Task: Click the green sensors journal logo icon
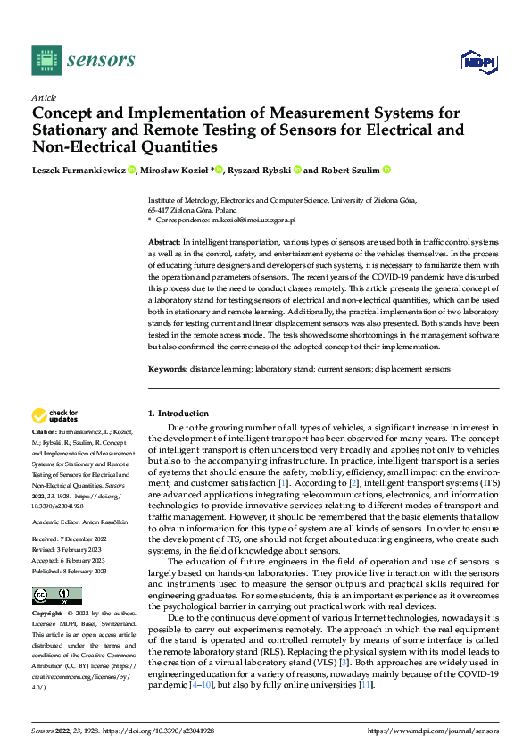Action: pos(46,60)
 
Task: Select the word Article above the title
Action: pos(44,97)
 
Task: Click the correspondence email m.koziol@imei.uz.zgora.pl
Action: pos(245,220)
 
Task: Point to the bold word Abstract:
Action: pos(164,243)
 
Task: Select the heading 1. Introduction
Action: pos(178,414)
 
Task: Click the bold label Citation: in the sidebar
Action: pos(46,431)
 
